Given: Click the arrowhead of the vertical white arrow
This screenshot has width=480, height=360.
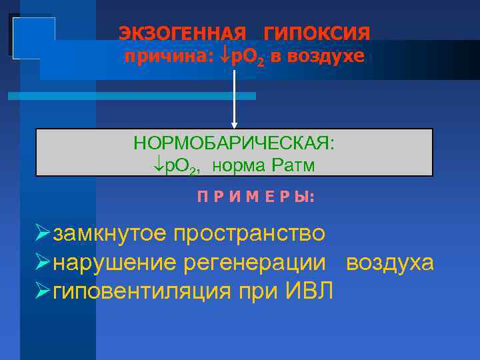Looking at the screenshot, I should tap(234, 124).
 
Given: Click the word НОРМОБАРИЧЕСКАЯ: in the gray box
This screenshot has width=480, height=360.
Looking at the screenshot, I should tap(234, 144).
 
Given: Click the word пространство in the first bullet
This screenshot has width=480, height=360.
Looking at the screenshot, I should tap(249, 235).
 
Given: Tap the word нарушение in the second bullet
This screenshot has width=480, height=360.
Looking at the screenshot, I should tap(113, 263).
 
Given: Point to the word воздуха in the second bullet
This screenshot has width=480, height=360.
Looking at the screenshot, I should tap(390, 263).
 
